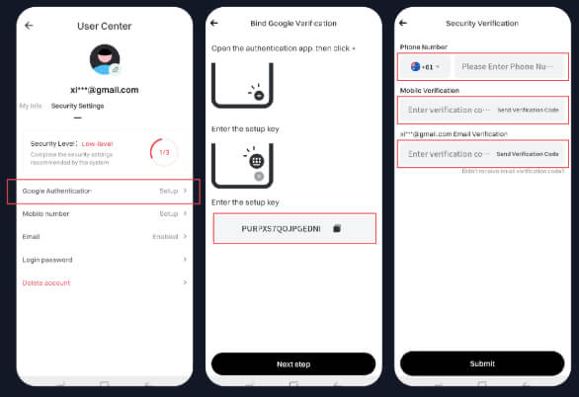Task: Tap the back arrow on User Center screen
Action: (x=29, y=25)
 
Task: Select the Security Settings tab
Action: (x=77, y=106)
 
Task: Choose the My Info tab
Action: (x=31, y=106)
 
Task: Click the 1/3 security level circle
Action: (x=164, y=151)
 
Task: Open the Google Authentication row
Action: (x=104, y=191)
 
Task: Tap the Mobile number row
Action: (x=104, y=213)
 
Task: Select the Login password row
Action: (x=104, y=260)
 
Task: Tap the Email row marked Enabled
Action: (x=104, y=237)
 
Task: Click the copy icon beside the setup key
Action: (x=337, y=228)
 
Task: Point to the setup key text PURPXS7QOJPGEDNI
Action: (x=281, y=228)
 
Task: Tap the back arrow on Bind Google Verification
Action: (x=214, y=22)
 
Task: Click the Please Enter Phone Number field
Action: (x=509, y=67)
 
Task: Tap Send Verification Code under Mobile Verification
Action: (x=528, y=110)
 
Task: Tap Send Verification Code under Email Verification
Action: (x=528, y=154)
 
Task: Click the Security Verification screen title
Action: (x=482, y=22)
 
